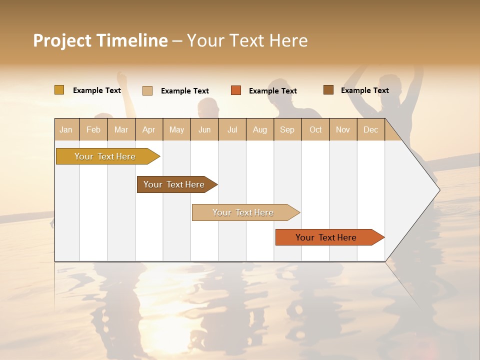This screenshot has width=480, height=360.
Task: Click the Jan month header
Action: point(66,129)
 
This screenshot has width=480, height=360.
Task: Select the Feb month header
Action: point(93,129)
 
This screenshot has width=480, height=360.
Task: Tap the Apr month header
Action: point(149,129)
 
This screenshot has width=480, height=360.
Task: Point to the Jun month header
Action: point(204,129)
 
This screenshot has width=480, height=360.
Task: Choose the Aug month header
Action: point(260,129)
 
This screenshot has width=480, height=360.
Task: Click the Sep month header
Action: point(287,129)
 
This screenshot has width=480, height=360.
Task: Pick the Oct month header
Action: point(315,129)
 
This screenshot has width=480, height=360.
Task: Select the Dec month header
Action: point(371,129)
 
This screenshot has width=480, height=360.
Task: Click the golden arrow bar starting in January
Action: point(105,156)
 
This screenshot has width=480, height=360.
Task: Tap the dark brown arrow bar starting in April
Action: point(174,184)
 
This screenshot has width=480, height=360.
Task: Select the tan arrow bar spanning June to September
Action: point(243,212)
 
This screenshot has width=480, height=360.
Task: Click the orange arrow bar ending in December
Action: point(326,237)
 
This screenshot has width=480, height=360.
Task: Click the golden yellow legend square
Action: point(59,90)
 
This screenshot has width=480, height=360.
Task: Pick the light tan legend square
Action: point(147,90)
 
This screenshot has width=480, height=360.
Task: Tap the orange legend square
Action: point(236,90)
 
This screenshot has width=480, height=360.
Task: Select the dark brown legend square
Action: point(328,90)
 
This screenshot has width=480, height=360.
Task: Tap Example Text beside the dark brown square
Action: point(364,90)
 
